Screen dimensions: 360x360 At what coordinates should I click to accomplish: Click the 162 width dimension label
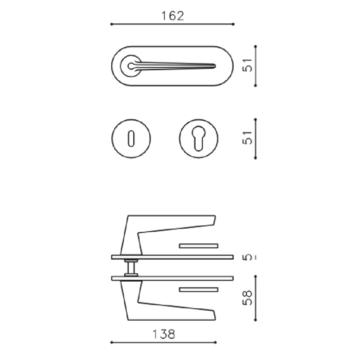pos(172,16)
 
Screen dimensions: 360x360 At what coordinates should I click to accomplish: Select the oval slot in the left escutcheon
pos(131,138)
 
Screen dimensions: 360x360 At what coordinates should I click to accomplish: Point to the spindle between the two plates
pos(131,267)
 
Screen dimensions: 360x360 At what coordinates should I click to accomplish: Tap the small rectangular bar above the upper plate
pos(199,244)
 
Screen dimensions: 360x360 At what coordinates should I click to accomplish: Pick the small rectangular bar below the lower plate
pos(199,290)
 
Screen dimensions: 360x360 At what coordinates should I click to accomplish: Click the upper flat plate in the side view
pos(171,257)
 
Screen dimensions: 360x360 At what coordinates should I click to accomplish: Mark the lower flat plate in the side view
pos(171,277)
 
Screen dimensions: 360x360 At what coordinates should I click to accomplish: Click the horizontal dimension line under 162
pos(172,25)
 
